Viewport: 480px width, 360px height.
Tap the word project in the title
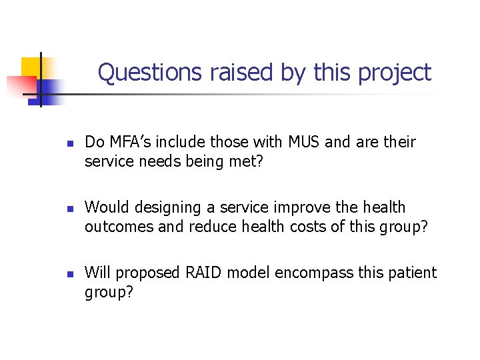click(x=395, y=73)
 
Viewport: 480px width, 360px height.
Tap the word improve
click(x=301, y=207)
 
